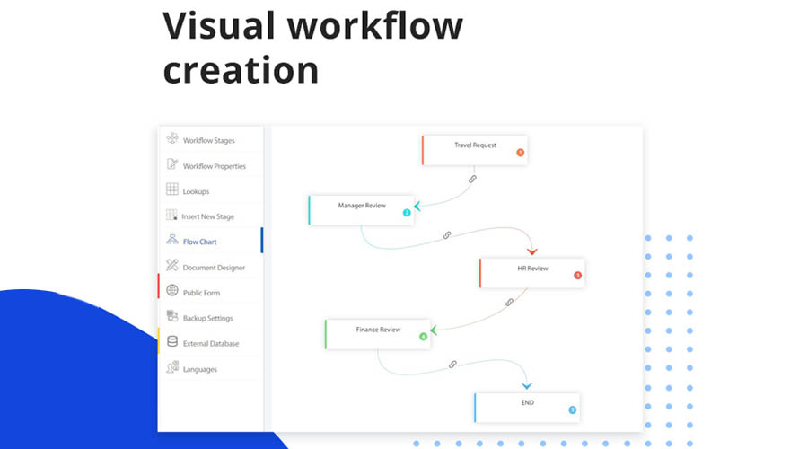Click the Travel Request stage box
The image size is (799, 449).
pos(475,150)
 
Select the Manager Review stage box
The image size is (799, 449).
pos(361,210)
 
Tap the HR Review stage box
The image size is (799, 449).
pos(532,273)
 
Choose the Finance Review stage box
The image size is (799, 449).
pos(378,334)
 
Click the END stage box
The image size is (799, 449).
pos(527,408)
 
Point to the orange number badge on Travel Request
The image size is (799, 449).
pos(521,153)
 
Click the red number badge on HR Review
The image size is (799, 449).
pos(577,275)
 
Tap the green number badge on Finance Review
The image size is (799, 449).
pos(423,337)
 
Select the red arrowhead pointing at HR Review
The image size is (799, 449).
pos(532,251)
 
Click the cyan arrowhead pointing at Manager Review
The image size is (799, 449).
pos(417,206)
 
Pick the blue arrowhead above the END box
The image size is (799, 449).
pos(527,386)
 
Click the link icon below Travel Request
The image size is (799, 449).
pos(472,179)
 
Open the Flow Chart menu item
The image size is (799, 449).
pos(199,242)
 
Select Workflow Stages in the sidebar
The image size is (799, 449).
pos(209,140)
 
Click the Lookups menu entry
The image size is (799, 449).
pos(197,191)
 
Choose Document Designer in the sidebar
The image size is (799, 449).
pos(214,267)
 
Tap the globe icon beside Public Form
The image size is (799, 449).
pos(172,290)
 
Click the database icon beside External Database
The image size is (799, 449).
pos(172,341)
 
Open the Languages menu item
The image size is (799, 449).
pos(199,369)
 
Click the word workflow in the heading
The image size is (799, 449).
pos(375,25)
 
